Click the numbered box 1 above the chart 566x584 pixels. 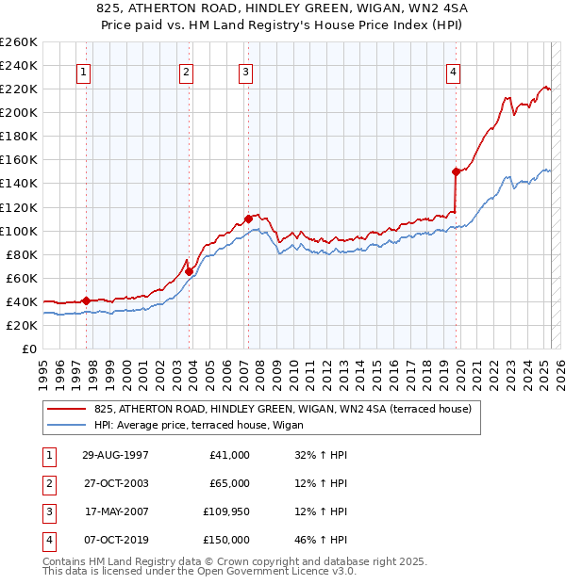[x=84, y=72]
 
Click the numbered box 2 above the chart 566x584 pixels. [x=187, y=72]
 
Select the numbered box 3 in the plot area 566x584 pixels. [x=245, y=72]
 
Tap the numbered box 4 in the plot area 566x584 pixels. [x=454, y=72]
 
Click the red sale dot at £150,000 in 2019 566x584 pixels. [x=456, y=171]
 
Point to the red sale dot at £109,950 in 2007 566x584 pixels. [x=248, y=219]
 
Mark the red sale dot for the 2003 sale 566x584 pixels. [x=189, y=271]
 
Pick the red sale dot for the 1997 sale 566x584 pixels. [x=86, y=300]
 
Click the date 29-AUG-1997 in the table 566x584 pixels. [x=116, y=455]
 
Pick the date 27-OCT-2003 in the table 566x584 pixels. [x=116, y=483]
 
